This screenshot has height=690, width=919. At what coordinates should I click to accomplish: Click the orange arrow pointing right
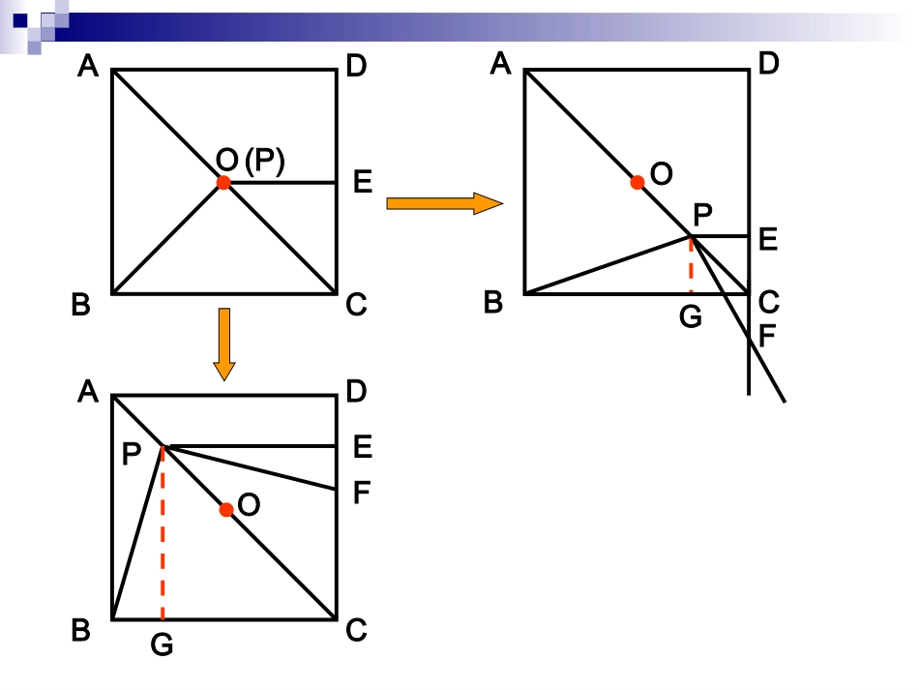pos(444,203)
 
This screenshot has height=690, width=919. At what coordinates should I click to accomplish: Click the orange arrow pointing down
pos(224,345)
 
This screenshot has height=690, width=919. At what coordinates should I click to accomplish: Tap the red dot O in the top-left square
pos(223,183)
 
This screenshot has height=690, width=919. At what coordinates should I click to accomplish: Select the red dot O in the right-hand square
pos(637,182)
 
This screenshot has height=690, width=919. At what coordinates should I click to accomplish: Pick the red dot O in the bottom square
pos(226,510)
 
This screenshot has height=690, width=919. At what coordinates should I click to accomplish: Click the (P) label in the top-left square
pos(265,161)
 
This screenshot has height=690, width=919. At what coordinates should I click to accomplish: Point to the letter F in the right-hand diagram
pos(766,336)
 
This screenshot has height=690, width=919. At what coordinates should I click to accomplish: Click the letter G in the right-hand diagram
pos(691,317)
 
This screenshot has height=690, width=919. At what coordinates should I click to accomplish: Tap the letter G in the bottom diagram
pos(162,645)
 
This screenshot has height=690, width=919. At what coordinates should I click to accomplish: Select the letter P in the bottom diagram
pos(132,454)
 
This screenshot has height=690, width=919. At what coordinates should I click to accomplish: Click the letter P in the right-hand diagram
pos(702,215)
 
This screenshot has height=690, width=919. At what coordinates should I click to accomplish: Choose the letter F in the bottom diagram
pos(361,493)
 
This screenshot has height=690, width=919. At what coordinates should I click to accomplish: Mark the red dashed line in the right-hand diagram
pos(691,265)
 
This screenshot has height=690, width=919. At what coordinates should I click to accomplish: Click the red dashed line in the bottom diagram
pos(163,533)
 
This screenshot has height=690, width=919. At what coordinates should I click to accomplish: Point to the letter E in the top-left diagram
pos(363,182)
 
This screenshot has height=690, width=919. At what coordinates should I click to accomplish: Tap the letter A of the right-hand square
pos(500,63)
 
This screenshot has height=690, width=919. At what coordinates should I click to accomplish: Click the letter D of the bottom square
pos(356,391)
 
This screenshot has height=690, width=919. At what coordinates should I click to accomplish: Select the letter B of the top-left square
pos(81,305)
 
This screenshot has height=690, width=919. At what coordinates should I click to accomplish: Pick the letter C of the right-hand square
pos(768,303)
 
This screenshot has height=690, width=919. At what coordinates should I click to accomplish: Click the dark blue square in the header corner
pos(20,20)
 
